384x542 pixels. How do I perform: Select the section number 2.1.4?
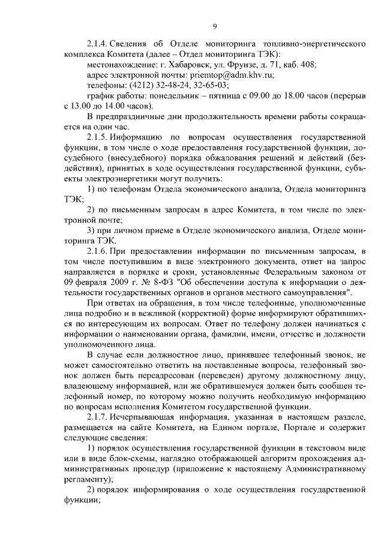[99, 44]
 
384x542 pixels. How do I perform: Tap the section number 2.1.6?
[99, 252]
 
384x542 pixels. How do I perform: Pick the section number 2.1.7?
[99, 417]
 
